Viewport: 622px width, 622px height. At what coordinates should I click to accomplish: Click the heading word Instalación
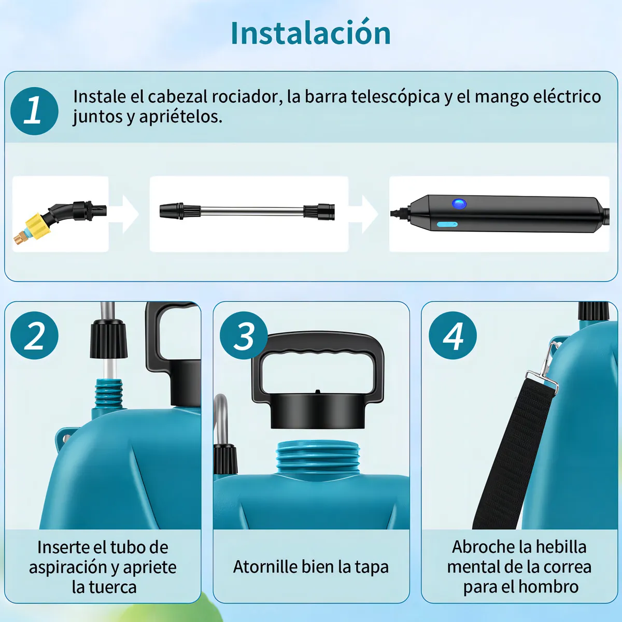(310, 33)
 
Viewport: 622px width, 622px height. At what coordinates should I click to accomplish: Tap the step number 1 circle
(34, 111)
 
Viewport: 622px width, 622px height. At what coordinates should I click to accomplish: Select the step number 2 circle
(34, 335)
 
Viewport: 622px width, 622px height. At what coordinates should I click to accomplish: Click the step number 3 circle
(244, 335)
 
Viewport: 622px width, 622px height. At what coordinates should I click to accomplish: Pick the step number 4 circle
(453, 335)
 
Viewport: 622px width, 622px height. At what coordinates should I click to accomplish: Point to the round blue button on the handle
(459, 204)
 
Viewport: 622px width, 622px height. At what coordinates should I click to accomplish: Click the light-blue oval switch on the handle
(447, 224)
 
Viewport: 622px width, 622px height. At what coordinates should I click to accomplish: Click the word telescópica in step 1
(396, 97)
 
